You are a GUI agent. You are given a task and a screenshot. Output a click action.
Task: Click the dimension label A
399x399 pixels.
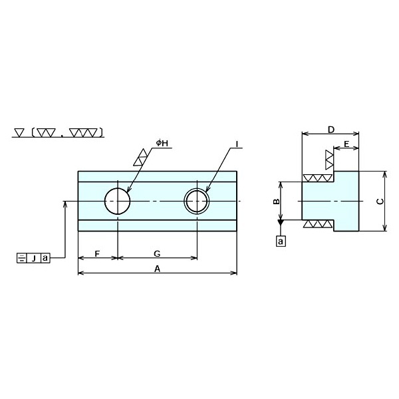pyautogui.click(x=157, y=269)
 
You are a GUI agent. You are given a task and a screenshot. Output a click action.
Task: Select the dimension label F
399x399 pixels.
pyautogui.click(x=97, y=253)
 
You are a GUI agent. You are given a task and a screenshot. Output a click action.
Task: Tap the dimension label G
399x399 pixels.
pyautogui.click(x=156, y=253)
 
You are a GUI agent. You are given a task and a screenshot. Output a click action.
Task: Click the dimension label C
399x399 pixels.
pyautogui.click(x=379, y=201)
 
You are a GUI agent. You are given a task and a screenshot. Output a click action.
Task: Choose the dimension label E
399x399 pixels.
pyautogui.click(x=346, y=144)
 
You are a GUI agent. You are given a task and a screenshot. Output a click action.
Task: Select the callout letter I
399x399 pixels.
pyautogui.click(x=237, y=144)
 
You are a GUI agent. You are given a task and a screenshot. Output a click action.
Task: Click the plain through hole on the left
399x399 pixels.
pyautogui.click(x=117, y=201)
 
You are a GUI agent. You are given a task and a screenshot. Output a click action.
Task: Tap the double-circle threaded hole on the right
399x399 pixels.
pyautogui.click(x=197, y=201)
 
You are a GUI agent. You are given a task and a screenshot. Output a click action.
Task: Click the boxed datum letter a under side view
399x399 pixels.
pyautogui.click(x=281, y=241)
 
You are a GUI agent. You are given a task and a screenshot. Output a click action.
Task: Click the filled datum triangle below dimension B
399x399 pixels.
pyautogui.click(x=281, y=229)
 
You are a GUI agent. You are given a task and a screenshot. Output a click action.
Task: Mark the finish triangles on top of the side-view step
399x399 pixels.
pyautogui.click(x=317, y=178)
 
